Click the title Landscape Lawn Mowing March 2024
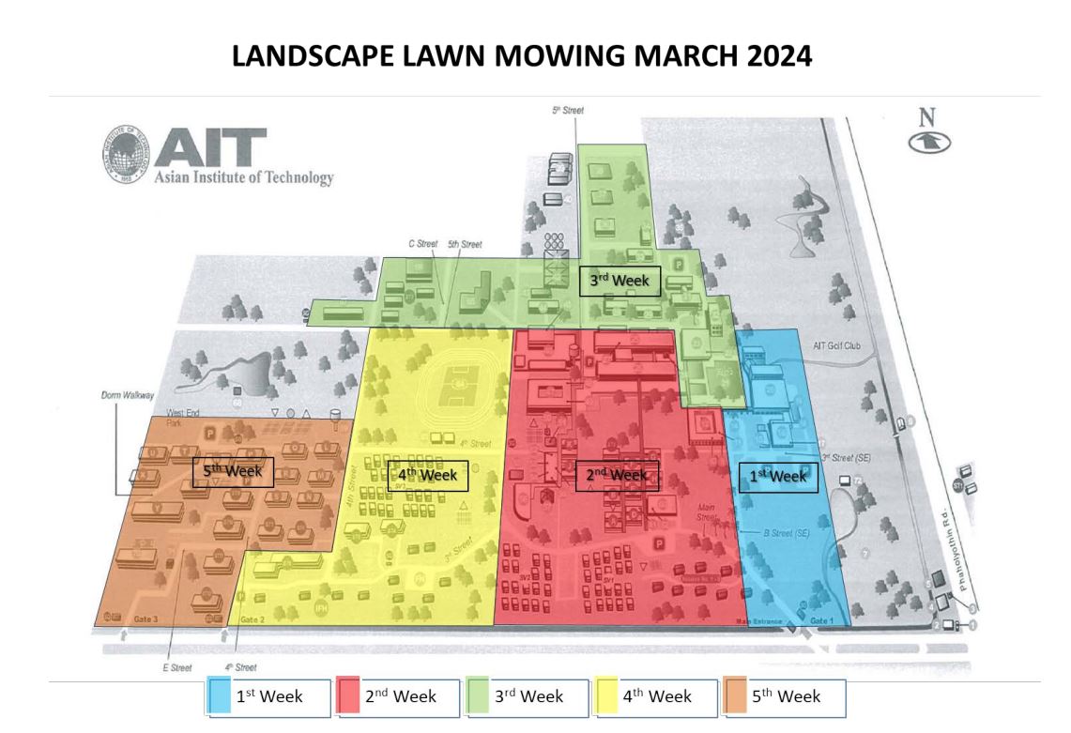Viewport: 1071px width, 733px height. (x=521, y=57)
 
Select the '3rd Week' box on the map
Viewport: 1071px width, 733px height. (x=620, y=281)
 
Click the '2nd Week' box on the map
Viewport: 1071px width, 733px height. (x=617, y=475)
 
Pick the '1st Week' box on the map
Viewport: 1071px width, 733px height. (x=777, y=477)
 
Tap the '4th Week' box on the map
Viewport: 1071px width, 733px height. (x=427, y=475)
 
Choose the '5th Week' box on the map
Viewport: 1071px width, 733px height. (x=232, y=470)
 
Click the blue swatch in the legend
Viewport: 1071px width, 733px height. (x=222, y=696)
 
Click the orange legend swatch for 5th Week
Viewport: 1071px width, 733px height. (x=737, y=696)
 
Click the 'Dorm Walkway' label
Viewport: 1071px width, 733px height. (x=126, y=396)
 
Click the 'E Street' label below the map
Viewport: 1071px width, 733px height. (x=177, y=668)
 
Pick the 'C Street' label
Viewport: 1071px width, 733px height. (x=423, y=244)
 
